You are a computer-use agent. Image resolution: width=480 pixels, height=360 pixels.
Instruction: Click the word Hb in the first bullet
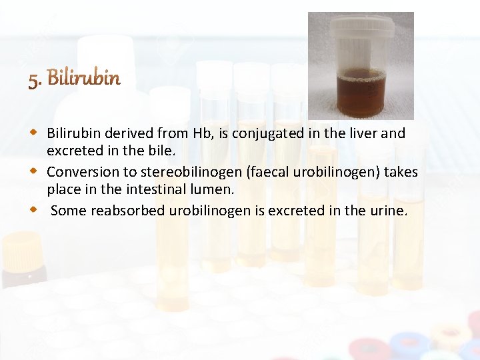201,133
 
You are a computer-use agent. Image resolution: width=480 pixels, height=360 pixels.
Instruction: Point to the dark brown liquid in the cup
361,93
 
